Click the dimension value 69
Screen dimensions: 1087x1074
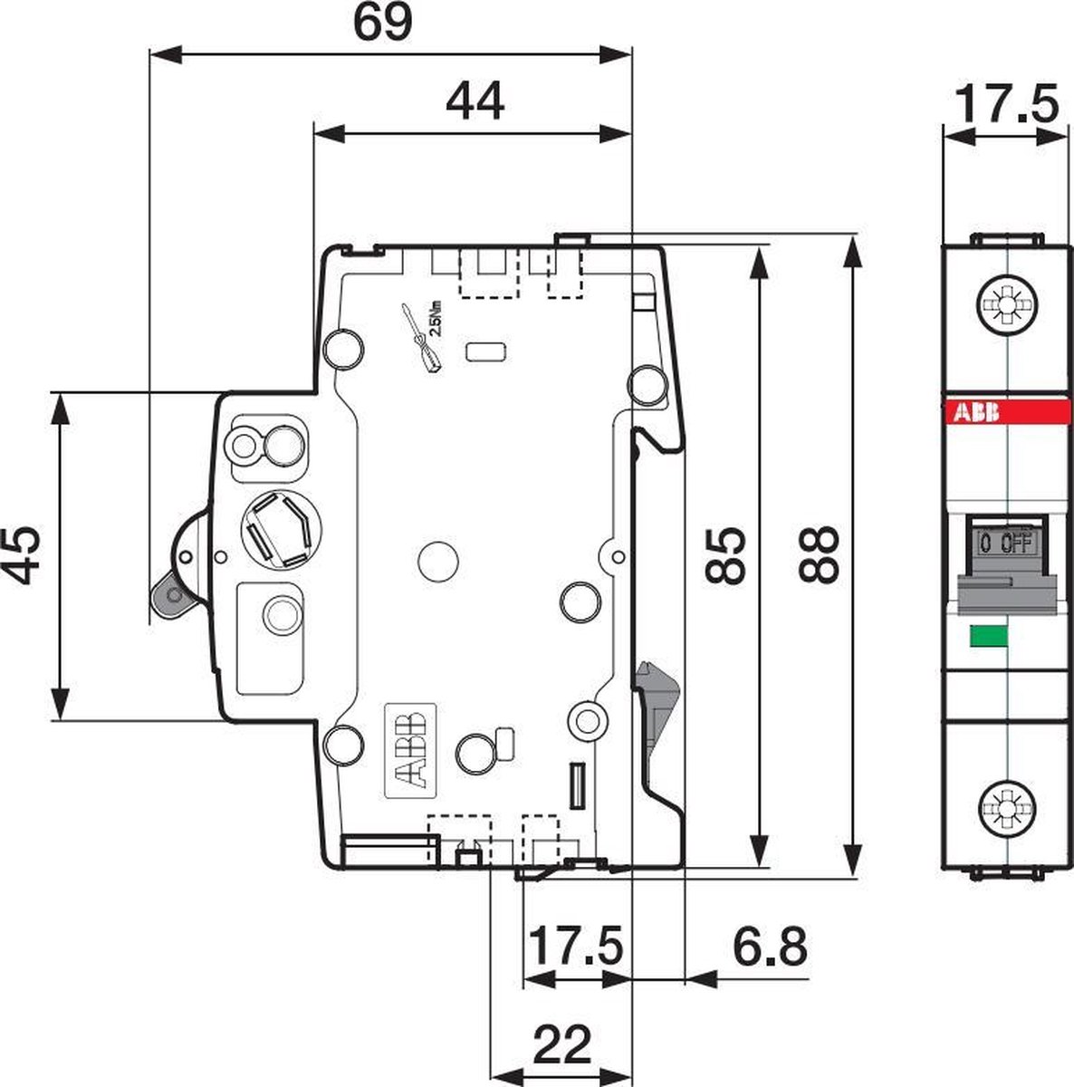coord(382,24)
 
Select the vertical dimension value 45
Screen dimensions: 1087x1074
coord(22,554)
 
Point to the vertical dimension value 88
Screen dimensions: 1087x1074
coord(820,554)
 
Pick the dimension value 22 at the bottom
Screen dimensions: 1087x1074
coord(562,1044)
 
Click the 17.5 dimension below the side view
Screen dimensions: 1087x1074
coord(575,948)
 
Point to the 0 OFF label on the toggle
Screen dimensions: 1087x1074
coord(1005,543)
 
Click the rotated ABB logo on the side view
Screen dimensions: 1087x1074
coord(412,749)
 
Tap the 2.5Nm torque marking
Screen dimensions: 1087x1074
coord(436,320)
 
